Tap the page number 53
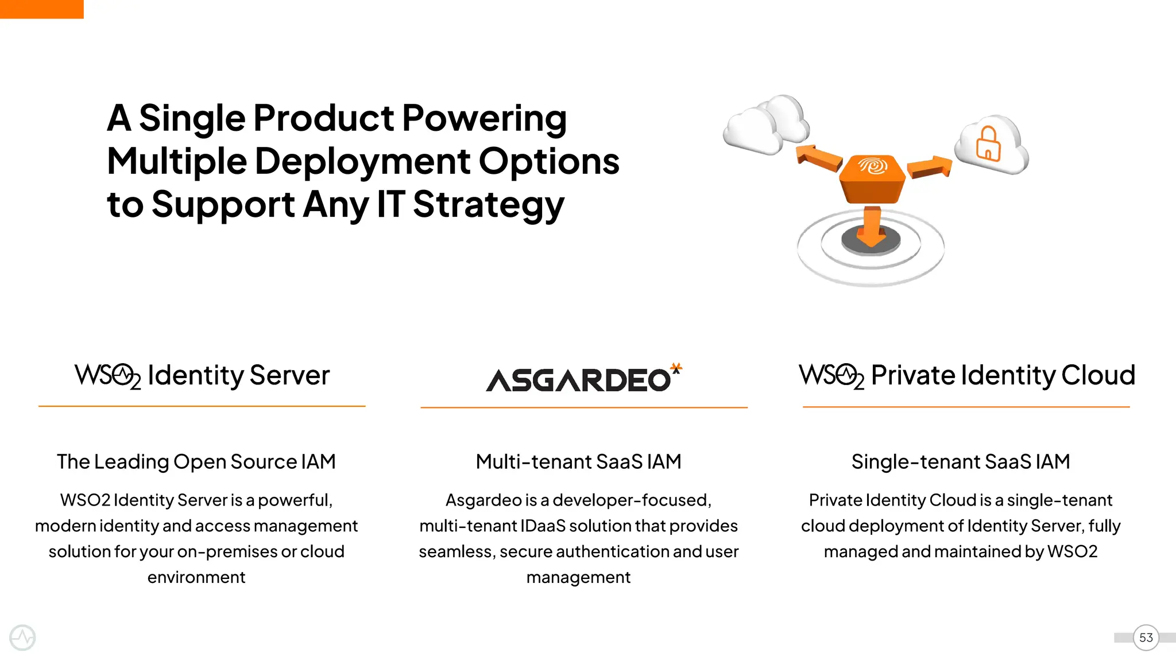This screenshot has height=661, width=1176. [1146, 637]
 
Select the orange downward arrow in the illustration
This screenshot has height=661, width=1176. [872, 226]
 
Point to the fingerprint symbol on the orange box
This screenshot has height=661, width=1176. [873, 166]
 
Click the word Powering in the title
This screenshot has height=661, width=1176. [484, 118]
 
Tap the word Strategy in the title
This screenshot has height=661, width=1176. [488, 204]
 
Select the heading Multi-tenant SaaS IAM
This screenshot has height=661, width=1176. [578, 461]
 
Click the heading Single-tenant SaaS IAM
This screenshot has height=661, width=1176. [960, 461]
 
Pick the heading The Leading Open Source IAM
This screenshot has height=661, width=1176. [196, 461]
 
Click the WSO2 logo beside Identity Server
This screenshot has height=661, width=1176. [107, 376]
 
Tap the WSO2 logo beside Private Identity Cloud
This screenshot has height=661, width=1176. [831, 376]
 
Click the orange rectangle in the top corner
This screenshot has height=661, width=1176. [41, 9]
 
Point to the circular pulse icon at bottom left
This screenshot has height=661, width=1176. [22, 637]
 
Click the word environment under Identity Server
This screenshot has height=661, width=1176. [196, 577]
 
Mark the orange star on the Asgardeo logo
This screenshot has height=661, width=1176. [676, 367]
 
